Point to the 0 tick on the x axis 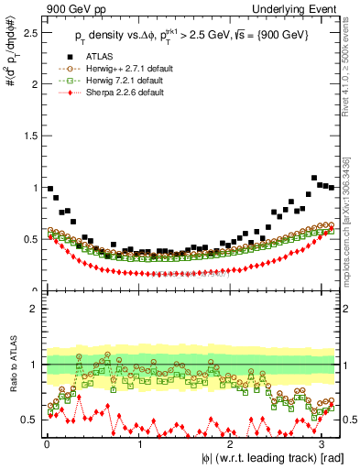click(x=46, y=444)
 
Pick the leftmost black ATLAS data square click(x=49, y=189)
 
